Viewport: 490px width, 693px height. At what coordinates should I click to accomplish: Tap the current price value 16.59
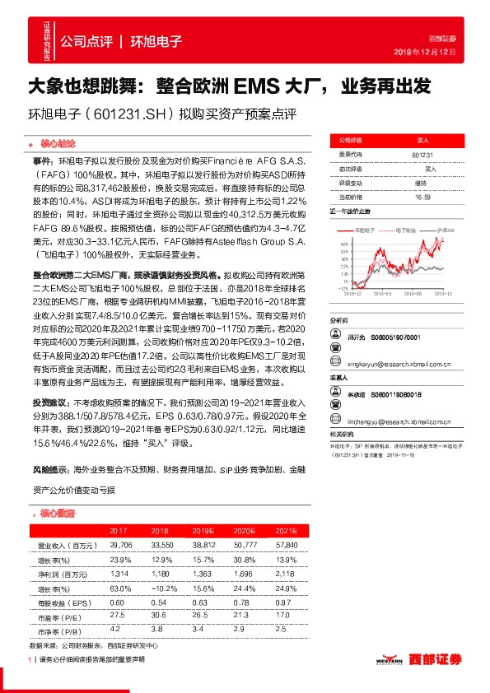click(422, 198)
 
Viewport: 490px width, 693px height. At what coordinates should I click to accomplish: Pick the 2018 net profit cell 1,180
click(160, 572)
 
